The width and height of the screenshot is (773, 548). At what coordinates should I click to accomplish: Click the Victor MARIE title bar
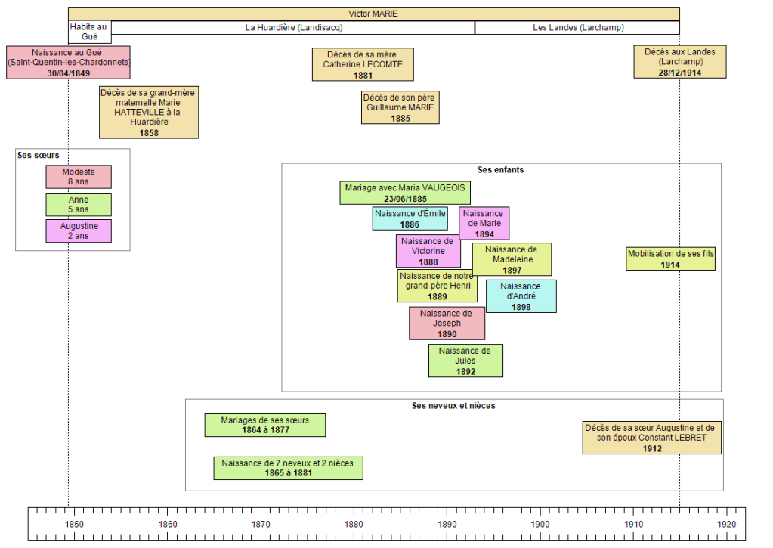coord(373,14)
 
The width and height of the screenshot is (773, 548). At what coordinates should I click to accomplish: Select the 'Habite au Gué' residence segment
coord(89,32)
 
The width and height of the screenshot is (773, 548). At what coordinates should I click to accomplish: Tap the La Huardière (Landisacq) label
coord(293,28)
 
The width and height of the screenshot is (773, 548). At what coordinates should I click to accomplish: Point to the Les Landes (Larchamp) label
coord(578,28)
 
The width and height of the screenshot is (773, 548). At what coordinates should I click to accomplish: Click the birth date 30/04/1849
coord(69,73)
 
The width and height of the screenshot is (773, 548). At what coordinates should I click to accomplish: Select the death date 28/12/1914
coord(680,72)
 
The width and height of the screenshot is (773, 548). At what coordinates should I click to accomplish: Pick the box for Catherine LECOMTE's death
coord(363,64)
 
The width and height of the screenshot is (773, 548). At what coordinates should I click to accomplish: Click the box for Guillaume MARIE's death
coord(399,108)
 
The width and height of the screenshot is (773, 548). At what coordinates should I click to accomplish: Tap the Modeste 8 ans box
coord(79,177)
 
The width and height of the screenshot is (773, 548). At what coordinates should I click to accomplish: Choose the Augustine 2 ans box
coord(79,231)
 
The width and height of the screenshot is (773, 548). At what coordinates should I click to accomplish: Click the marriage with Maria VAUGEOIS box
coord(405,193)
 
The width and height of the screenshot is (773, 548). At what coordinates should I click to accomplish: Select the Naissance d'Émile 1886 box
coord(410,218)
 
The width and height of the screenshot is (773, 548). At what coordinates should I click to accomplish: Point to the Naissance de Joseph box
coord(447,324)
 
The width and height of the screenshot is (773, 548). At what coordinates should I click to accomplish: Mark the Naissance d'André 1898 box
coord(521,296)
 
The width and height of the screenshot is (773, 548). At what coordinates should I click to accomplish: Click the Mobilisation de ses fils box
coord(670,259)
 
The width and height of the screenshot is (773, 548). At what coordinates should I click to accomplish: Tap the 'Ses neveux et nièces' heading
coord(453,406)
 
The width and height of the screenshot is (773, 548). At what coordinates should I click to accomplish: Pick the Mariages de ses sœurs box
coord(264,425)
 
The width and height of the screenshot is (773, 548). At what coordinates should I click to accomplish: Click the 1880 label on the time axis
coord(354,524)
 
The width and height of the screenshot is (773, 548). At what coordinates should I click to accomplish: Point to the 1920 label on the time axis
coord(726,524)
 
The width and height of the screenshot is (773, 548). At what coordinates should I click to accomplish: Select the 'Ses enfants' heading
coord(500,170)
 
